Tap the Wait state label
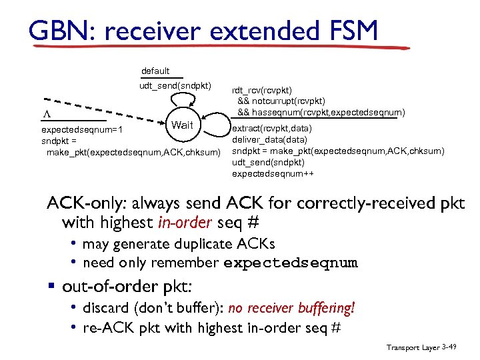click(x=182, y=125)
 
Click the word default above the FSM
click(x=155, y=71)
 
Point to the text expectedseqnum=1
click(x=76, y=131)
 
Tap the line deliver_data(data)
click(x=269, y=140)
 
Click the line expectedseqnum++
click(x=273, y=174)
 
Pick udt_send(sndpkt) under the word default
click(x=175, y=85)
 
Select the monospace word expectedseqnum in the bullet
click(x=290, y=263)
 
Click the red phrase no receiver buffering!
click(x=291, y=308)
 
